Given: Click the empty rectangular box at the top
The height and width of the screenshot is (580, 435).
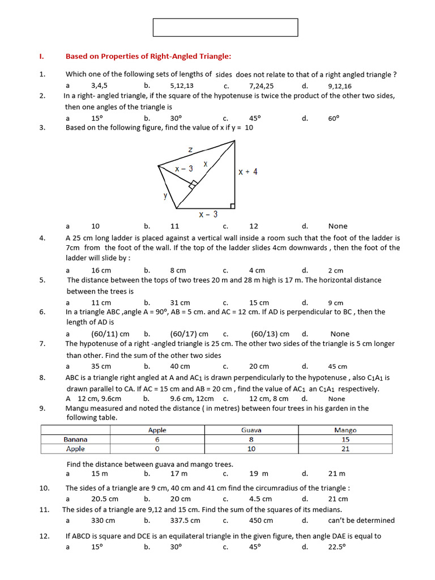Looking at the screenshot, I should [x=225, y=27].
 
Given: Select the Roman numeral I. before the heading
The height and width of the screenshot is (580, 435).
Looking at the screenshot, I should [x=41, y=56].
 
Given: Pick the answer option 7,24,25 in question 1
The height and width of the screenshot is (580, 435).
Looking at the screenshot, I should [x=261, y=86].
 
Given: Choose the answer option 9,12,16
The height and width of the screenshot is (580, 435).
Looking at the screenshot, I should [x=339, y=86].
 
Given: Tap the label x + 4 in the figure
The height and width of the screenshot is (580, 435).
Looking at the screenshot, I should [x=248, y=172].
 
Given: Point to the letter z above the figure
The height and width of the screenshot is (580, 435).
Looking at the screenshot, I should [x=190, y=150].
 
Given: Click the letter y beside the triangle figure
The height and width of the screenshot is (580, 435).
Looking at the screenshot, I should [x=165, y=195].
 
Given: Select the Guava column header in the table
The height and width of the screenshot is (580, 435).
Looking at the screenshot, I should [x=251, y=430].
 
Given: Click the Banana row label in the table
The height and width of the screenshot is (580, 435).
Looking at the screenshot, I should [x=75, y=440].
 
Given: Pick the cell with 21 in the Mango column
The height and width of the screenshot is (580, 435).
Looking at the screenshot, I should [x=346, y=449].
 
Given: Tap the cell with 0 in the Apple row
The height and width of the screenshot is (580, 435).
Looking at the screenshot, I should [x=157, y=449].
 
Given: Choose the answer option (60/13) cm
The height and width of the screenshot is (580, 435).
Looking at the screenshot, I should [x=270, y=334].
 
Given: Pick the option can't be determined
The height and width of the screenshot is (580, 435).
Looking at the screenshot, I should [x=361, y=521].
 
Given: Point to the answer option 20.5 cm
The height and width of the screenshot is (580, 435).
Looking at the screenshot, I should [x=105, y=499].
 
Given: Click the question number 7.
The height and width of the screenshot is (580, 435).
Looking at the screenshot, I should [x=42, y=344].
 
